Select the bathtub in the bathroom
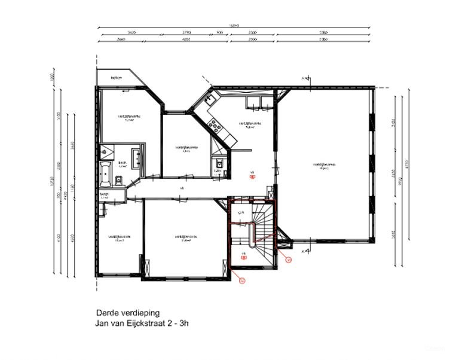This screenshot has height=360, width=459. point(106,173)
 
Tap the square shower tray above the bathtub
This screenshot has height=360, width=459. point(107,151)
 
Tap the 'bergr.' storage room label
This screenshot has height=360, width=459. point(104,196)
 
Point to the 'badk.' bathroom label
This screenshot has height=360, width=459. point(122,163)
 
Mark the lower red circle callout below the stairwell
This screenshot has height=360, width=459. point(242,279)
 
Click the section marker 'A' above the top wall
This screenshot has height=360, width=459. point(304,78)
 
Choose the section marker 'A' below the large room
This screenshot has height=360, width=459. point(304,251)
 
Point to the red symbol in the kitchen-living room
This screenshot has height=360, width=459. point(252,177)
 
